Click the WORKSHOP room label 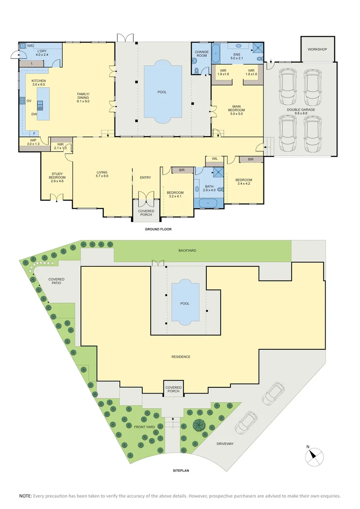coord(317,49)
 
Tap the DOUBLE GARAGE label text coord(301,112)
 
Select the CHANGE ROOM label coord(202,54)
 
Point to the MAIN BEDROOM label coord(237,110)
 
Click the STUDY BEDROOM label coord(57,177)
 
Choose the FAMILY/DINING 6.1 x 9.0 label coord(83,98)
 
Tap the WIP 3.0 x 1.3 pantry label coord(33,142)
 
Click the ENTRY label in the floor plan coord(146,178)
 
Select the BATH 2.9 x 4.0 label coord(209,188)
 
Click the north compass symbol coord(314,457)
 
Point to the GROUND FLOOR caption coord(158,229)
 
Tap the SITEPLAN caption coord(181,470)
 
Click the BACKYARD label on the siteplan coord(187,251)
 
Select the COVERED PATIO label coord(57,281)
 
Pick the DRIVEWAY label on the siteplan coord(225,444)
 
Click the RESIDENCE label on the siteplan coord(181,357)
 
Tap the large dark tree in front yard coord(198,425)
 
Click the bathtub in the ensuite coord(216,54)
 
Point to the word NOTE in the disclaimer coord(25,496)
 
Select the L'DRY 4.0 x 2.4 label coord(42,53)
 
